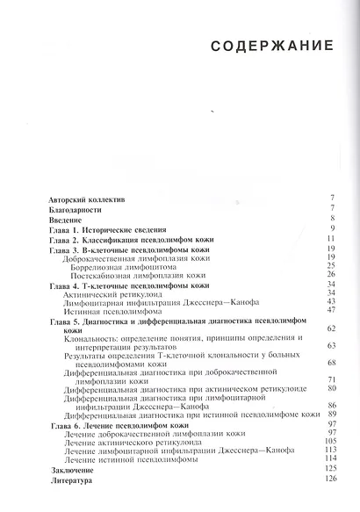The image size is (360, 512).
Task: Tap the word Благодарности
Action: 67,212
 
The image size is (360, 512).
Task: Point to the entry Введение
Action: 61,223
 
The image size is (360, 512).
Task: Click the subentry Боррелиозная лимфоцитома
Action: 124,266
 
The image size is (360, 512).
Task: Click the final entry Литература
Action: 64,480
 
